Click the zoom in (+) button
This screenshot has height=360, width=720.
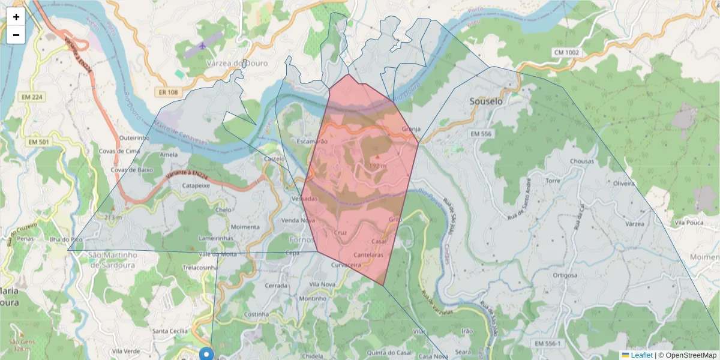[16, 17]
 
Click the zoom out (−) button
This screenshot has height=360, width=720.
[16, 35]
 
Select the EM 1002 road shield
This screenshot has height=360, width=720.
[566, 53]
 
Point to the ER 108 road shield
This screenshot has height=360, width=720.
[170, 92]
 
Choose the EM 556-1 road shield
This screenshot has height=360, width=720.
[547, 343]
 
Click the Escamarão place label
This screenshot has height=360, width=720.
[312, 142]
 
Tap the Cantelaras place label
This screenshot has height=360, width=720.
[368, 255]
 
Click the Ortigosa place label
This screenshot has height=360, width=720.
[565, 275]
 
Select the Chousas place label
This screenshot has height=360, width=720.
[582, 161]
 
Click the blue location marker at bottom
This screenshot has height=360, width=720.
[207, 353]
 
